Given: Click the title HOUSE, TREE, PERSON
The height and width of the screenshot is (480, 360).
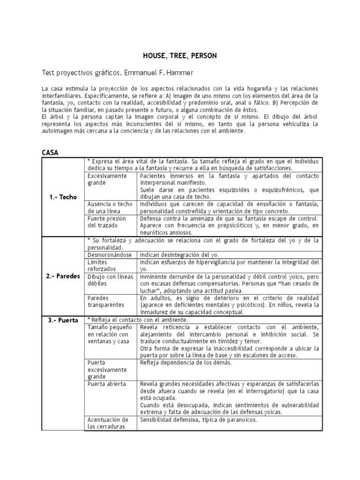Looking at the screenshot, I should [180, 56].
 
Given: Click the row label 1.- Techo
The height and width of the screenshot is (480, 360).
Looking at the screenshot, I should [63, 197].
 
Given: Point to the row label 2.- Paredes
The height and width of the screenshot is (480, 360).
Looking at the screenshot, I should [63, 276].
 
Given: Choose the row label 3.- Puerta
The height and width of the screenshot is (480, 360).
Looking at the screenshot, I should [63, 320].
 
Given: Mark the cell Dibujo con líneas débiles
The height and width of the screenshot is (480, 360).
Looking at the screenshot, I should [110, 280].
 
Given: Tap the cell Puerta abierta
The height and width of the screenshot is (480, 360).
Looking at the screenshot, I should [107, 383].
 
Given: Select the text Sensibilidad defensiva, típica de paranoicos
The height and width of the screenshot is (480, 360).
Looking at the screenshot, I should [198, 420].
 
